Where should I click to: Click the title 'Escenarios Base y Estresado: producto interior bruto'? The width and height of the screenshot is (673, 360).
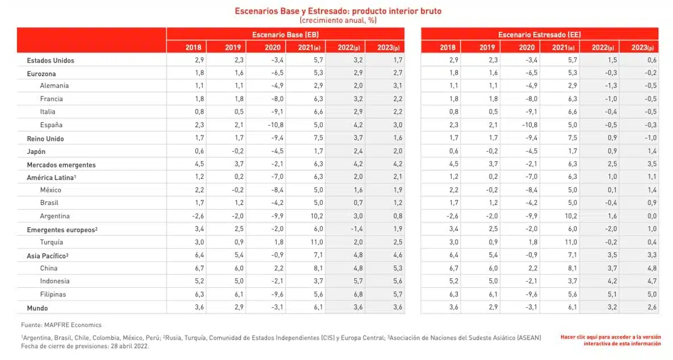pos(338,11)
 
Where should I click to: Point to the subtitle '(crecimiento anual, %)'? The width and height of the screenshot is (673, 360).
pos(338,20)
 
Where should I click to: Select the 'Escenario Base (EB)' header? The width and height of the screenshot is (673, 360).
pos(286,35)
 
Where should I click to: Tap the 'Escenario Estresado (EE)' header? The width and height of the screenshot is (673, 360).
pos(540,35)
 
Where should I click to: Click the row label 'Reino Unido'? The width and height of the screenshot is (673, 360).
pos(45,139)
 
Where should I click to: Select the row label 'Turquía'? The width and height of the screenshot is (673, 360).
pos(52,242)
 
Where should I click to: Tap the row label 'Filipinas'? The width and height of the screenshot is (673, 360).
pos(53,295)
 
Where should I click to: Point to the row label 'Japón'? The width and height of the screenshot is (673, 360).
pos(37,152)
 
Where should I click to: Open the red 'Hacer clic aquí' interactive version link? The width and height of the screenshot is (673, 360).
pos(611,340)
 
